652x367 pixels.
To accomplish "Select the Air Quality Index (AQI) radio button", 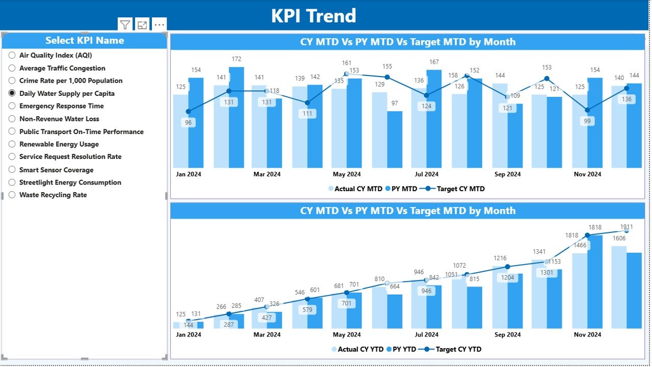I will point(12,55).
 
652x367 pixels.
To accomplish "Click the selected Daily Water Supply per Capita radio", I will point(12,93).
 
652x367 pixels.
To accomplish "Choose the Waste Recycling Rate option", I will point(12,195).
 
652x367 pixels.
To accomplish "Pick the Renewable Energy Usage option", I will point(12,144).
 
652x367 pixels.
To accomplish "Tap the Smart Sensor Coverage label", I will point(56,170).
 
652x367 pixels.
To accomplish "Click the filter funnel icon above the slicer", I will point(125,24).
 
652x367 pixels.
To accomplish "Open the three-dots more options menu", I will point(159,24).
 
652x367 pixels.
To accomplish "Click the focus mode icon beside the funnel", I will point(142,24).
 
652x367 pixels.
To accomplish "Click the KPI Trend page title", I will point(314,16).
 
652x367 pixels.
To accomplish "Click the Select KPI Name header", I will point(85,40).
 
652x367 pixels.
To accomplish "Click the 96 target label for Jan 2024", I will point(188,122).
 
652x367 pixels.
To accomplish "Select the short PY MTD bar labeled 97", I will point(395,139).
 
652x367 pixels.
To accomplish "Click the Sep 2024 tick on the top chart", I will point(507,174).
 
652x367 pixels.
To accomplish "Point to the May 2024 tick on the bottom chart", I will point(347,334).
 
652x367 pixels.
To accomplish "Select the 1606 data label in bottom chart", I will point(618,239).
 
